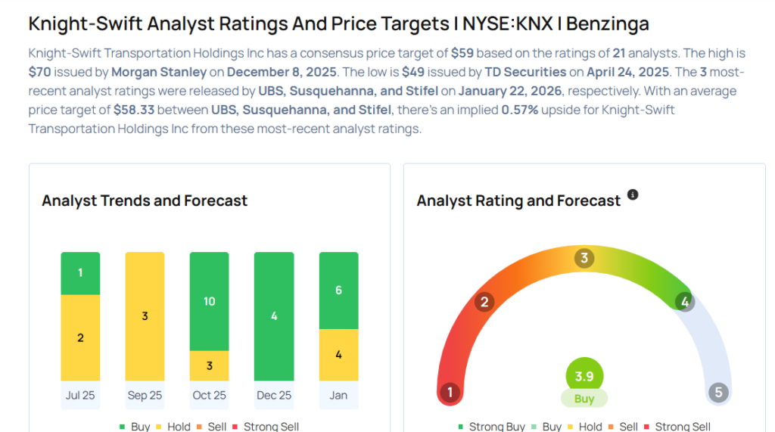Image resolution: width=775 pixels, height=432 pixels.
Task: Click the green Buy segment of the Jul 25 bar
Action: point(80,273)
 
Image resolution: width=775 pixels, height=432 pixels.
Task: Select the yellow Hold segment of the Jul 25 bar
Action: point(80,337)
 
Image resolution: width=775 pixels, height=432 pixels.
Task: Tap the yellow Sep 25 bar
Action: point(145,315)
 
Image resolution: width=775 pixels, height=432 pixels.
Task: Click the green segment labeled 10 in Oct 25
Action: point(209,301)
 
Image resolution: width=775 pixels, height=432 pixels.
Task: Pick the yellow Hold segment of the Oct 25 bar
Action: point(209,365)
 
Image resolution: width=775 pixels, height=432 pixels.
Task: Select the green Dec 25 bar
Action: point(274,315)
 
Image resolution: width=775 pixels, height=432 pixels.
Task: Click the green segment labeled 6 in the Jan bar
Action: point(338,291)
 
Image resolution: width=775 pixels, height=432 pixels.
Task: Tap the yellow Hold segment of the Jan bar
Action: point(338,355)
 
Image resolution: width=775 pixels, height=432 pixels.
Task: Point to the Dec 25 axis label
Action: point(274,395)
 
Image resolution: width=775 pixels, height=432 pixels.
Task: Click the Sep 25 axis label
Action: point(145,395)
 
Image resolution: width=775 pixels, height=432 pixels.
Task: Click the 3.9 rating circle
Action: point(584,375)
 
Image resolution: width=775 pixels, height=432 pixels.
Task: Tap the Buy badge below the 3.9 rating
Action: point(584,399)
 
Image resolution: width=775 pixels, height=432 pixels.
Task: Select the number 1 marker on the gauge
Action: point(450,393)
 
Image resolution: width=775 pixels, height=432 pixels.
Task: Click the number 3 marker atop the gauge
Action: point(584,258)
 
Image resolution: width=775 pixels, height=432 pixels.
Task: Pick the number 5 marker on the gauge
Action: point(717,393)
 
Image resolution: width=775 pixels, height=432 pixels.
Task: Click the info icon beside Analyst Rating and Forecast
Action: point(633,194)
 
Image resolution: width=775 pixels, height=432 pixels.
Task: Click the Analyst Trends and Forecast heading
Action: point(145,200)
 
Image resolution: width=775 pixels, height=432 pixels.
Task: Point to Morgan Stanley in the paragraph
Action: point(160,72)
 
